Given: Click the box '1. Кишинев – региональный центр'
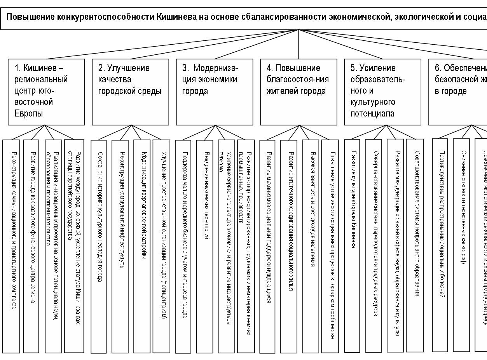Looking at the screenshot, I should [46, 92].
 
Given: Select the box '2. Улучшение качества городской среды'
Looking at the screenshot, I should [131, 92].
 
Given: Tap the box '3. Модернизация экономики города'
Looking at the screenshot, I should [215, 92].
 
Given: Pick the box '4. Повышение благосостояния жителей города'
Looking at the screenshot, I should [298, 92].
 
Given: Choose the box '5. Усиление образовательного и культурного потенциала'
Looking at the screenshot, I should [382, 92].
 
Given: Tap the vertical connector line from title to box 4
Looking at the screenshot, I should [298, 44].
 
